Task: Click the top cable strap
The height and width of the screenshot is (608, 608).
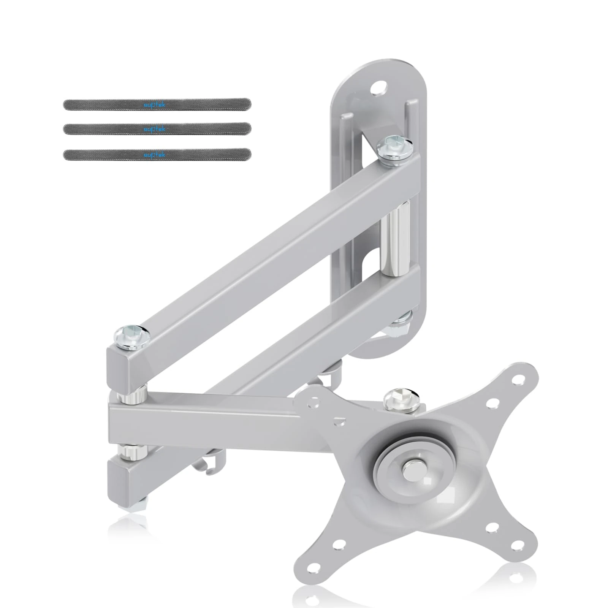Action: coord(157,104)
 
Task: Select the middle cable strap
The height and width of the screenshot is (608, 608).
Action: coord(157,128)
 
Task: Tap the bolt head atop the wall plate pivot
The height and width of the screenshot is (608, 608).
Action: coord(391,146)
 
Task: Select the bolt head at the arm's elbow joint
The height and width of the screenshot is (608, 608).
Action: coord(131,334)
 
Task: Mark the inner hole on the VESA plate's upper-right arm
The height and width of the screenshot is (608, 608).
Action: coord(493,402)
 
